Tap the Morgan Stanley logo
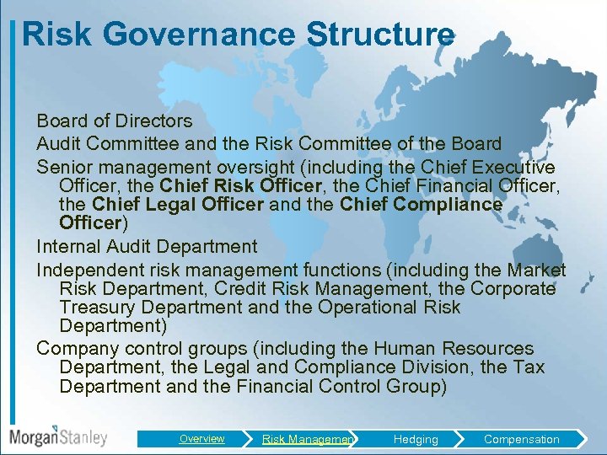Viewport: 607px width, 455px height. point(58,437)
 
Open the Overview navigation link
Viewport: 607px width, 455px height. point(202,439)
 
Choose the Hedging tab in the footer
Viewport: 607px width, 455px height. point(416,439)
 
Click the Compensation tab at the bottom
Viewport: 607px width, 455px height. point(521,439)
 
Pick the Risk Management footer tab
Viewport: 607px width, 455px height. point(309,439)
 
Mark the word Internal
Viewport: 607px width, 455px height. point(68,247)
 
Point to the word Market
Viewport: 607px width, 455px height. point(537,270)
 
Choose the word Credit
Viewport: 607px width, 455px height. point(240,288)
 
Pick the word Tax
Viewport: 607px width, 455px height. point(529,367)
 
